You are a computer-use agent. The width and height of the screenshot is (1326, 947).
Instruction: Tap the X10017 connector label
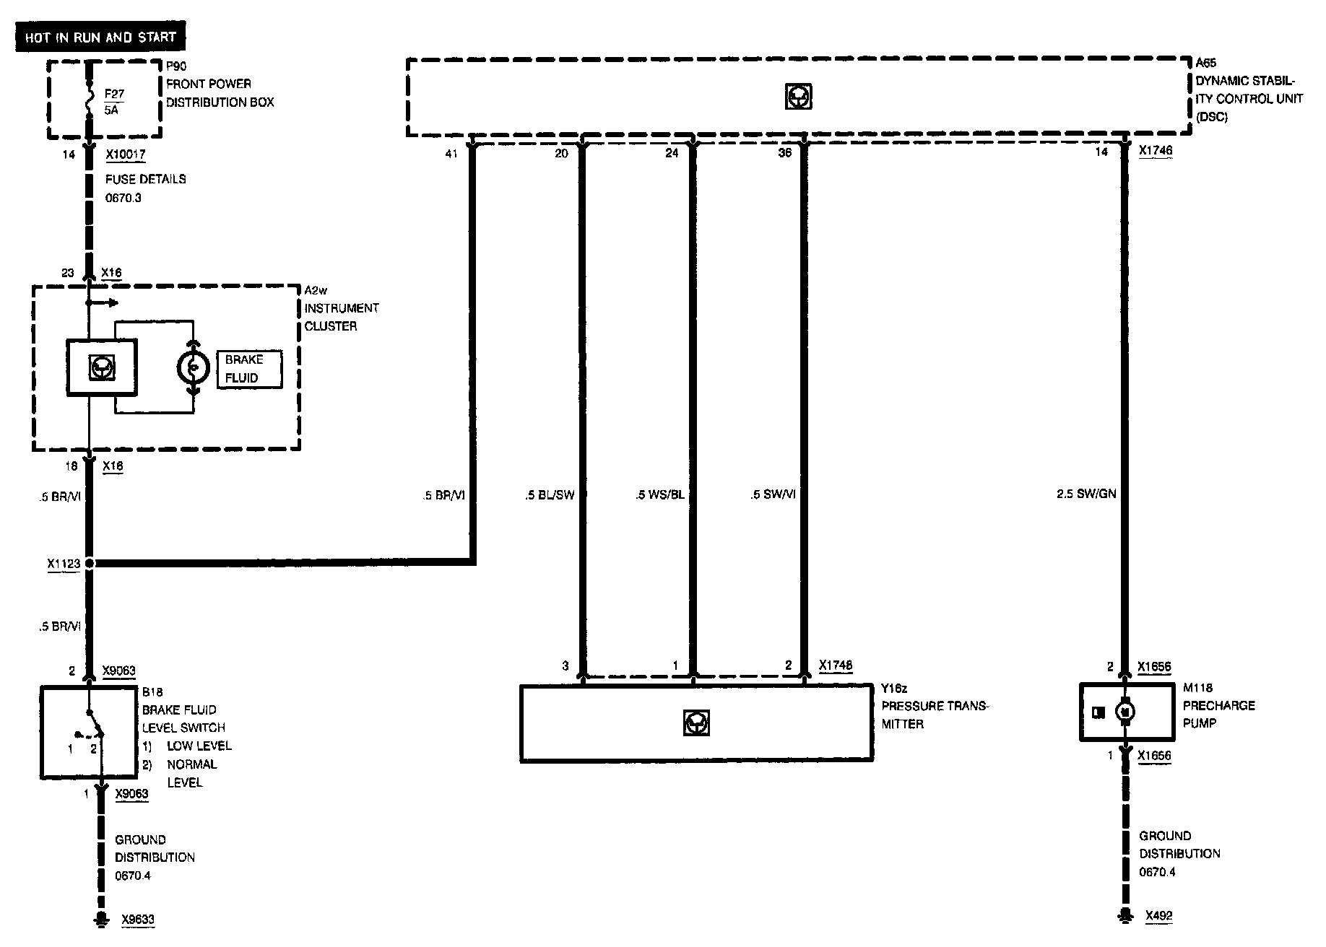[x=125, y=154]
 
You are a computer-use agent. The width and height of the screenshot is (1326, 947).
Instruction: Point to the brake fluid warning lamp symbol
[x=193, y=367]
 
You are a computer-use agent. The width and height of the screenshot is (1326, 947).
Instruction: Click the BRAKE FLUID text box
[x=248, y=369]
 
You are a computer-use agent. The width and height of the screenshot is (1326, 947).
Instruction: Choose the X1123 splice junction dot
[x=90, y=563]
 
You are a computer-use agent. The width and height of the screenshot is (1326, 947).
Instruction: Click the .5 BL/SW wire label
[x=550, y=495]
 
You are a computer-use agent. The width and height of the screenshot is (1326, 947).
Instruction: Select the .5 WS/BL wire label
[x=659, y=495]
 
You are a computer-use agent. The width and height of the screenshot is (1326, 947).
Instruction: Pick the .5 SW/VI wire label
[x=773, y=495]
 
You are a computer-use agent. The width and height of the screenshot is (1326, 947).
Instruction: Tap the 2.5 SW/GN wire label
[x=1086, y=494]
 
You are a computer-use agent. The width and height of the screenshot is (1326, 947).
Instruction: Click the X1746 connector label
[x=1155, y=152]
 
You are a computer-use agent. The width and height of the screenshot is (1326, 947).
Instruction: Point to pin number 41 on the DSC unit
[x=451, y=153]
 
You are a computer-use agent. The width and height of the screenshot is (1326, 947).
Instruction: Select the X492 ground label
[x=1159, y=916]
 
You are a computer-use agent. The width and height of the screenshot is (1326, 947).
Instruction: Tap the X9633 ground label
[x=137, y=920]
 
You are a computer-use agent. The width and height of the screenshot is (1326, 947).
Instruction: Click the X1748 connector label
[x=835, y=665]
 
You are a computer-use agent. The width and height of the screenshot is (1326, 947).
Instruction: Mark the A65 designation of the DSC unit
[x=1205, y=63]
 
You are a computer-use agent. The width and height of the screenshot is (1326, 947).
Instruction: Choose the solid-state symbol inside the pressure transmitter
[x=695, y=723]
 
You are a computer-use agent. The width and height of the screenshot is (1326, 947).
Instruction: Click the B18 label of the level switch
[x=152, y=691]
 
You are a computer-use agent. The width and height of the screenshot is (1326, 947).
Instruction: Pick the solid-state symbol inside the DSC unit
[x=798, y=96]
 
